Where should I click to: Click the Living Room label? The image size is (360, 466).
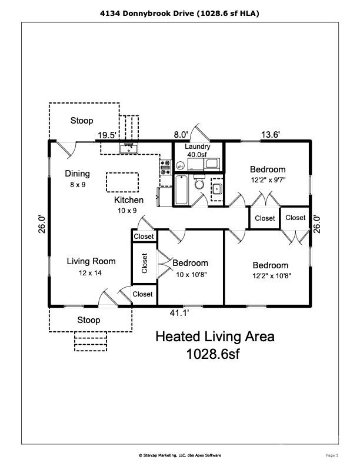(91, 261)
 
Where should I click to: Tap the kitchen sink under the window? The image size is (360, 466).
(128, 148)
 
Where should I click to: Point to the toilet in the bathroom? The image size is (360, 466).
(199, 183)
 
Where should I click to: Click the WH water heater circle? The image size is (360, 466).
(180, 166)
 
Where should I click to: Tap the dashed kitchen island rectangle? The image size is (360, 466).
(122, 182)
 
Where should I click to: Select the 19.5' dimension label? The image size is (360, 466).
(106, 135)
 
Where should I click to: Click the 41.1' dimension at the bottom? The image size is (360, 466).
(179, 313)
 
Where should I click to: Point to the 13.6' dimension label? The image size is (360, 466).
(270, 135)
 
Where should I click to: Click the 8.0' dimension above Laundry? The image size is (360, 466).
(181, 135)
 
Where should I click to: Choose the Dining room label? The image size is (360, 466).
(78, 174)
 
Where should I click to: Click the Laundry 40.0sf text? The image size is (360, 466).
(197, 151)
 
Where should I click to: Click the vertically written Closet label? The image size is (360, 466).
(144, 263)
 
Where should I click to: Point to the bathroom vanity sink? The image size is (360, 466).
(216, 189)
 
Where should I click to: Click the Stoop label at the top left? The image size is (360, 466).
(82, 121)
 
